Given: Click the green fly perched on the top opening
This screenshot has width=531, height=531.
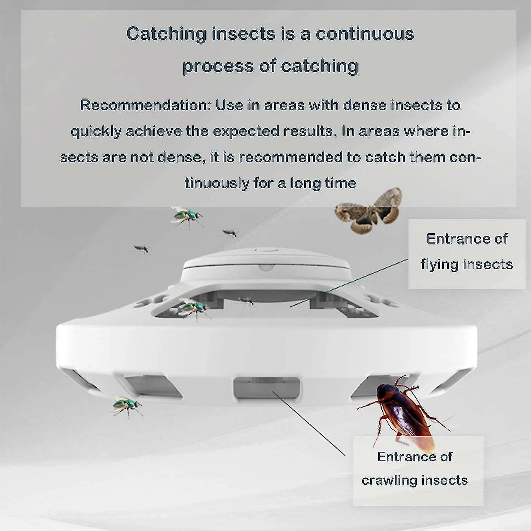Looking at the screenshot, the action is tap(193, 308).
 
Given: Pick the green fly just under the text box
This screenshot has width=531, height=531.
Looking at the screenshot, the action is tap(187, 217).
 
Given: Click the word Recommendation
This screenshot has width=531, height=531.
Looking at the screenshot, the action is tap(145, 105).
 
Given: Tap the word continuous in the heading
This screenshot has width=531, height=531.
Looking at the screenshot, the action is tap(365, 34).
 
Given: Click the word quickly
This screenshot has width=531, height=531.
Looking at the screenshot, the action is tap(96, 132).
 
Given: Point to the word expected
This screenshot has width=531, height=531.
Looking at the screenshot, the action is tap(246, 132).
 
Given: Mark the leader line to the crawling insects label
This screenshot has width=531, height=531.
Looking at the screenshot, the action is tap(308, 423).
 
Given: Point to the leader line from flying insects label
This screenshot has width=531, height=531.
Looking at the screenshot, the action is tap(349, 282).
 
